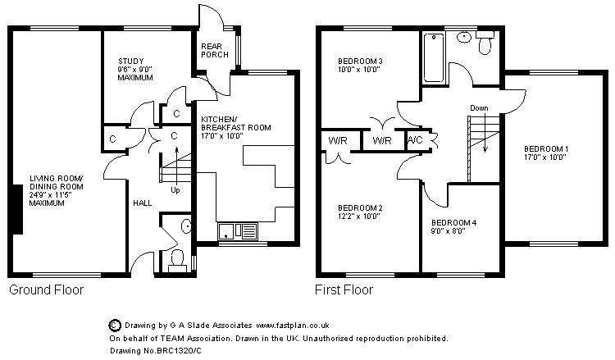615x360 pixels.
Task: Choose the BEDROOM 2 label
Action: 360,212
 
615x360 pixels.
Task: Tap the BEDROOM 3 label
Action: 361,66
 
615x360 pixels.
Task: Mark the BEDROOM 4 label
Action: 453,227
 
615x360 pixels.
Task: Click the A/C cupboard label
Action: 416,140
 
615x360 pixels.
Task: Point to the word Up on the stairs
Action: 175,190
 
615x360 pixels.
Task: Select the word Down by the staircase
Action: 480,108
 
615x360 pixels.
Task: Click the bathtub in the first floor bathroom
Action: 432,57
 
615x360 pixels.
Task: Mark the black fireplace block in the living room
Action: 16,209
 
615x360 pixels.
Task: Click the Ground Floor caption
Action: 46,289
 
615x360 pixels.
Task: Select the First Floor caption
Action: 344,289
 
